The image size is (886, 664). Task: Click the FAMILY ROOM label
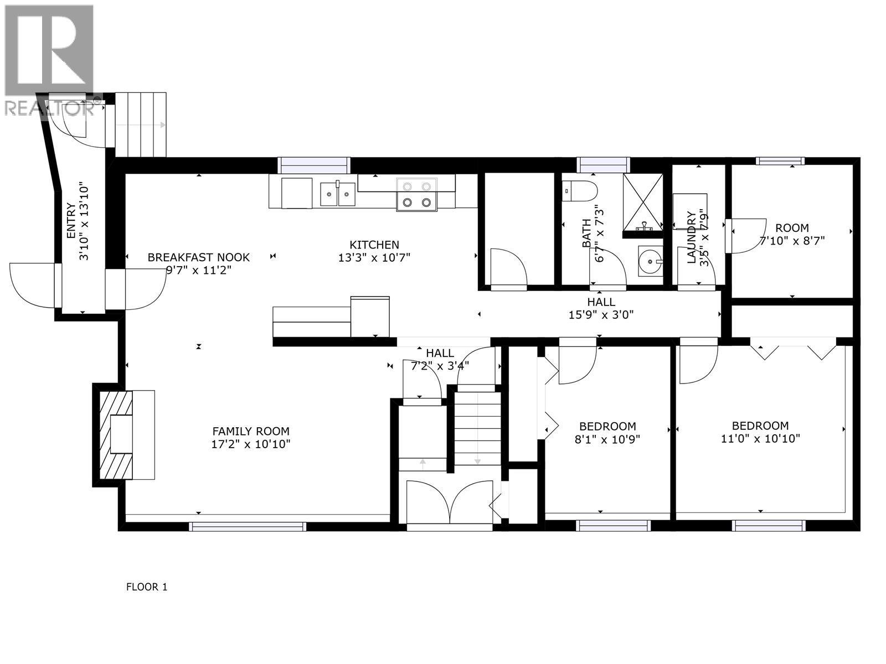[x=251, y=431]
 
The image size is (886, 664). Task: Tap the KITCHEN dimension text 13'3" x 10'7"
[x=374, y=257]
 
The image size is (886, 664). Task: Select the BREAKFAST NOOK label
[x=198, y=257]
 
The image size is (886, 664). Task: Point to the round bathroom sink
[x=650, y=261]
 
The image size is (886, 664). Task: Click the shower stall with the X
[x=642, y=201]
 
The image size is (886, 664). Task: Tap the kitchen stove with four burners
[x=416, y=194]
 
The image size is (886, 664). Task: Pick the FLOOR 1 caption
[x=147, y=587]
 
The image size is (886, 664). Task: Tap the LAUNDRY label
[x=691, y=237]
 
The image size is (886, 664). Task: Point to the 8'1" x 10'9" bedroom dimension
[x=607, y=439]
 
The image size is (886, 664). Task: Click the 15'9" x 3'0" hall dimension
[x=601, y=315]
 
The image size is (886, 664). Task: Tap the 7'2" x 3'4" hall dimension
[x=440, y=365]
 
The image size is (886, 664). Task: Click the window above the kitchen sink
[x=314, y=165]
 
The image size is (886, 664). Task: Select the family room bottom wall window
[x=248, y=527]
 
